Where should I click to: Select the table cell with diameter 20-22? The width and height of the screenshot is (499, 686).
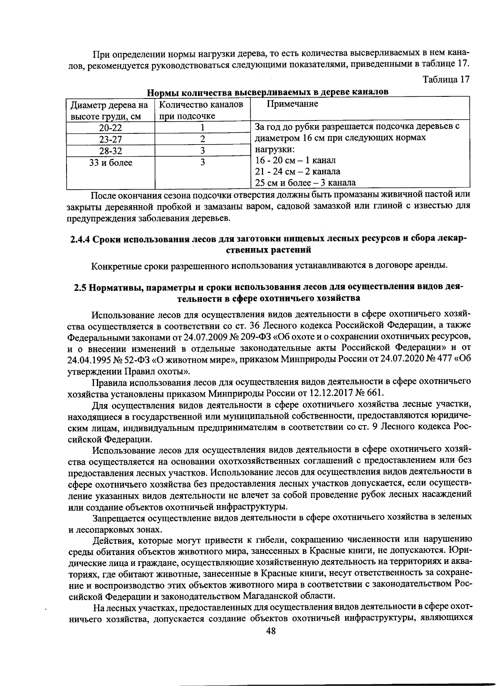tap(110, 128)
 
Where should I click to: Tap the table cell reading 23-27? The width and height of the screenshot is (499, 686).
tap(110, 139)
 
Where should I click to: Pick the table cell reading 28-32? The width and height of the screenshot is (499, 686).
tap(110, 150)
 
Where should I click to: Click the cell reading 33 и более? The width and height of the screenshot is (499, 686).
tap(110, 162)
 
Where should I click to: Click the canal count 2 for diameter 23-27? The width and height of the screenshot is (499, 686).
tap(203, 139)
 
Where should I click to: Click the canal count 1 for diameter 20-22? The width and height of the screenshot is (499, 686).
tap(203, 128)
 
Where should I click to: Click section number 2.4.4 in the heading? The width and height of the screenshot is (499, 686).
tap(80, 239)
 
